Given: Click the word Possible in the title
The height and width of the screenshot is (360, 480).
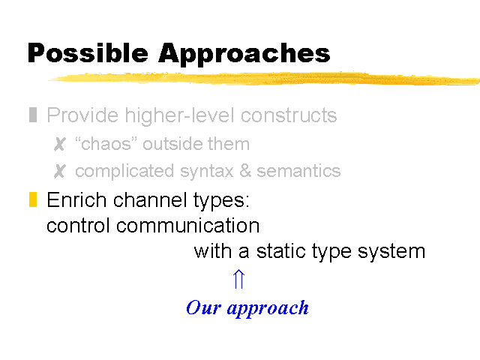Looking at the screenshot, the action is [x=88, y=52].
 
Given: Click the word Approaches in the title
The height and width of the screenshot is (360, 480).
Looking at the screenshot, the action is [x=244, y=55].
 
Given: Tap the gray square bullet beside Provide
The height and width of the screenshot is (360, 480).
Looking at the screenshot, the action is [x=33, y=115].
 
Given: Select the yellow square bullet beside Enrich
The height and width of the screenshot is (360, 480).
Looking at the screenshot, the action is [x=33, y=199].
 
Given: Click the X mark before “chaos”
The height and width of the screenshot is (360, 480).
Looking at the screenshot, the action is [x=60, y=144].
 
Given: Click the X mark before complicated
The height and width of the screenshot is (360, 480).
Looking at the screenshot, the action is [x=60, y=171].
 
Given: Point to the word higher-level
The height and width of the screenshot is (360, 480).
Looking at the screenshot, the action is [x=181, y=115].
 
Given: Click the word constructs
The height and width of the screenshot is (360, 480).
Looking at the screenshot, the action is [x=289, y=115].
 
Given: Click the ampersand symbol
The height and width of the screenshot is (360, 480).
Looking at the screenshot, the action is [x=245, y=171].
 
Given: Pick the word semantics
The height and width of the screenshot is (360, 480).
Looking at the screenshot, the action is [x=298, y=171].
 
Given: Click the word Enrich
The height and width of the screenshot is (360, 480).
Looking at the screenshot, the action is [x=76, y=200].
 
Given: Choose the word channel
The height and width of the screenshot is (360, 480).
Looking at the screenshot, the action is [x=151, y=200].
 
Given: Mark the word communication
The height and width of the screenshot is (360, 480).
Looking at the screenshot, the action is [x=187, y=226].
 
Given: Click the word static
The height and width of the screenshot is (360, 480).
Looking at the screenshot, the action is [x=281, y=251].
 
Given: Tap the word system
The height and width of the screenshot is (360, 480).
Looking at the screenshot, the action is [x=391, y=252].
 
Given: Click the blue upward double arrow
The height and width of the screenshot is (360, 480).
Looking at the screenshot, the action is [x=238, y=279].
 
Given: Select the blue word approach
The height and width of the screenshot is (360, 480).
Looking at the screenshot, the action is [x=268, y=308].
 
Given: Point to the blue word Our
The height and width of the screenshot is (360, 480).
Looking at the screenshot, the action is [x=203, y=307].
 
